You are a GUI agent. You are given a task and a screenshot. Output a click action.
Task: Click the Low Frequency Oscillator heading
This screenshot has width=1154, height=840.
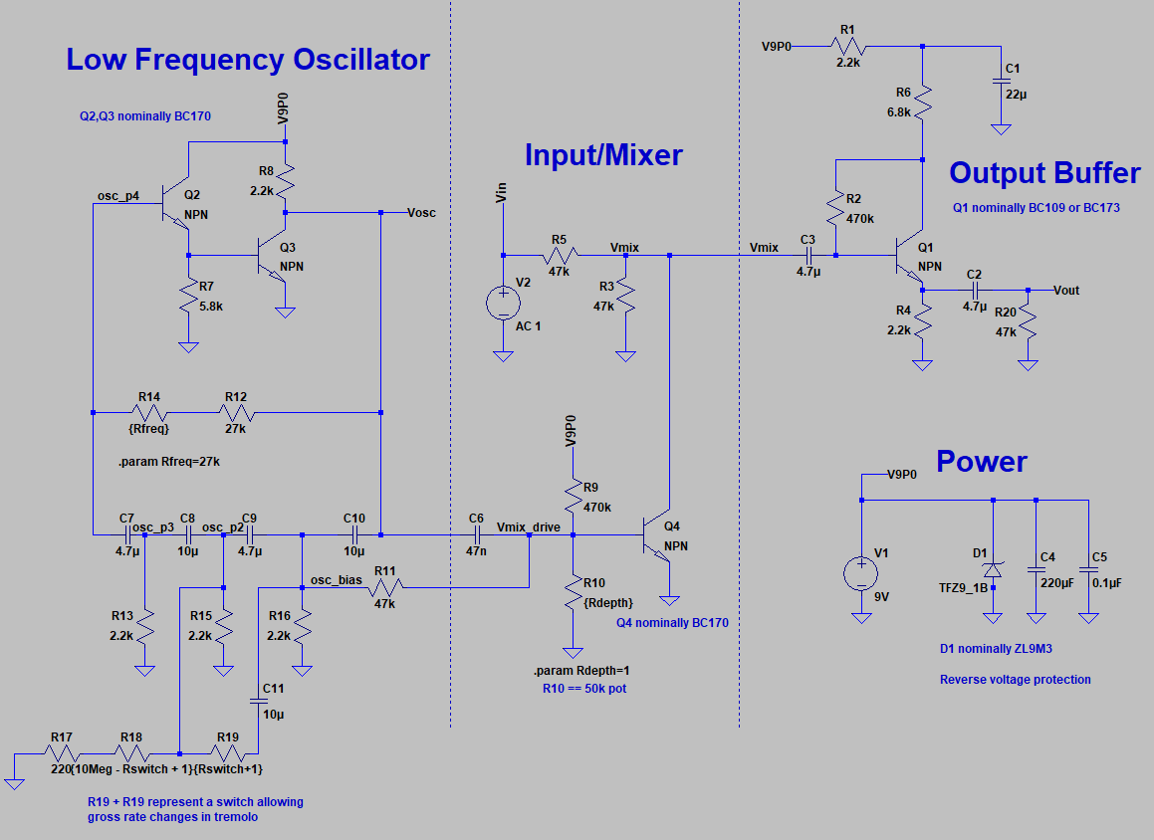pyautogui.click(x=248, y=60)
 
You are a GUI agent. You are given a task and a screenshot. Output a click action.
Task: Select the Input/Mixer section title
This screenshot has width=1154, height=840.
pyautogui.click(x=603, y=155)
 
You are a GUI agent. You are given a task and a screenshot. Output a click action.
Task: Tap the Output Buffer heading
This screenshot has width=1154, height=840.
pyautogui.click(x=1044, y=173)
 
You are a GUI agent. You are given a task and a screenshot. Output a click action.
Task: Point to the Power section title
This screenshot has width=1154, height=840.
pyautogui.click(x=981, y=462)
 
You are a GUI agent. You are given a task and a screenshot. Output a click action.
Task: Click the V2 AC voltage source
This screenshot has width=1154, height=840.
pyautogui.click(x=503, y=302)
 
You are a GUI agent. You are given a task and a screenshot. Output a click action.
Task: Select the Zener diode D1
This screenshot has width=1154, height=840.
pyautogui.click(x=992, y=570)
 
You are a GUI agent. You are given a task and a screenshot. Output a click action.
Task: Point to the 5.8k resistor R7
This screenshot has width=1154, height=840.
pyautogui.click(x=187, y=297)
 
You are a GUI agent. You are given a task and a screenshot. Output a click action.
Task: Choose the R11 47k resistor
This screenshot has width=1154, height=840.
pyautogui.click(x=384, y=587)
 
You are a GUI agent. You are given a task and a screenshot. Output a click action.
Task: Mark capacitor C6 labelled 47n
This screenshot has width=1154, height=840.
pyautogui.click(x=476, y=535)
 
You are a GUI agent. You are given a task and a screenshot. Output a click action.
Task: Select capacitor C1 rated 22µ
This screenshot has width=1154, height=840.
pyautogui.click(x=1001, y=82)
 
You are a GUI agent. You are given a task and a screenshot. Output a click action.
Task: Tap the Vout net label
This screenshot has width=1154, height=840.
pyautogui.click(x=1065, y=291)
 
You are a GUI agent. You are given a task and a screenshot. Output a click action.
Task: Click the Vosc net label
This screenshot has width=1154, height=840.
pyautogui.click(x=422, y=213)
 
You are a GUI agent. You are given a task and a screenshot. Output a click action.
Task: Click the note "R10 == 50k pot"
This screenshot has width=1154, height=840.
pyautogui.click(x=585, y=688)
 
